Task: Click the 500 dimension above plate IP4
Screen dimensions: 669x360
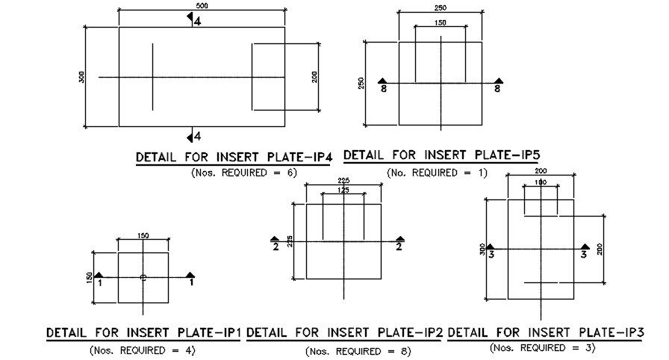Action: point(202,6)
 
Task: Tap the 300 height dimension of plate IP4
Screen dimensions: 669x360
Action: point(82,76)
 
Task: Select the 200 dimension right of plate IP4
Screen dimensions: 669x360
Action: point(315,76)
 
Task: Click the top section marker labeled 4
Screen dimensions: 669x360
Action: point(193,21)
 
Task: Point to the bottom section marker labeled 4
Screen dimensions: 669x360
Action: point(193,136)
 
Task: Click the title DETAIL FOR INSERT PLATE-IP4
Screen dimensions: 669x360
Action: point(232,158)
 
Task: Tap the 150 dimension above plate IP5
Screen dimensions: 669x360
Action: point(441,23)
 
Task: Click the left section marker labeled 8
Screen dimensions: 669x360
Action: point(383,85)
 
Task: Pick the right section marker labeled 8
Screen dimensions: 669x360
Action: point(498,85)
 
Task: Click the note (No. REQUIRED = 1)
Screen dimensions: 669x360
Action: point(437,173)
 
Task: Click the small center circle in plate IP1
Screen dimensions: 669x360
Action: point(143,277)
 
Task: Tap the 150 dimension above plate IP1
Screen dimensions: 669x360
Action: point(143,236)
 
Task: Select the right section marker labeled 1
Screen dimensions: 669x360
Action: point(191,279)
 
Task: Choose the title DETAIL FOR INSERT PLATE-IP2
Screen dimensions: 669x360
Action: point(345,332)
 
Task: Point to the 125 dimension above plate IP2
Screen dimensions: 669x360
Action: point(343,190)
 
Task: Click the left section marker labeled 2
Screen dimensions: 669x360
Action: point(276,243)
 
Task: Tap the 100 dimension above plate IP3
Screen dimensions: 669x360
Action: point(541,183)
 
